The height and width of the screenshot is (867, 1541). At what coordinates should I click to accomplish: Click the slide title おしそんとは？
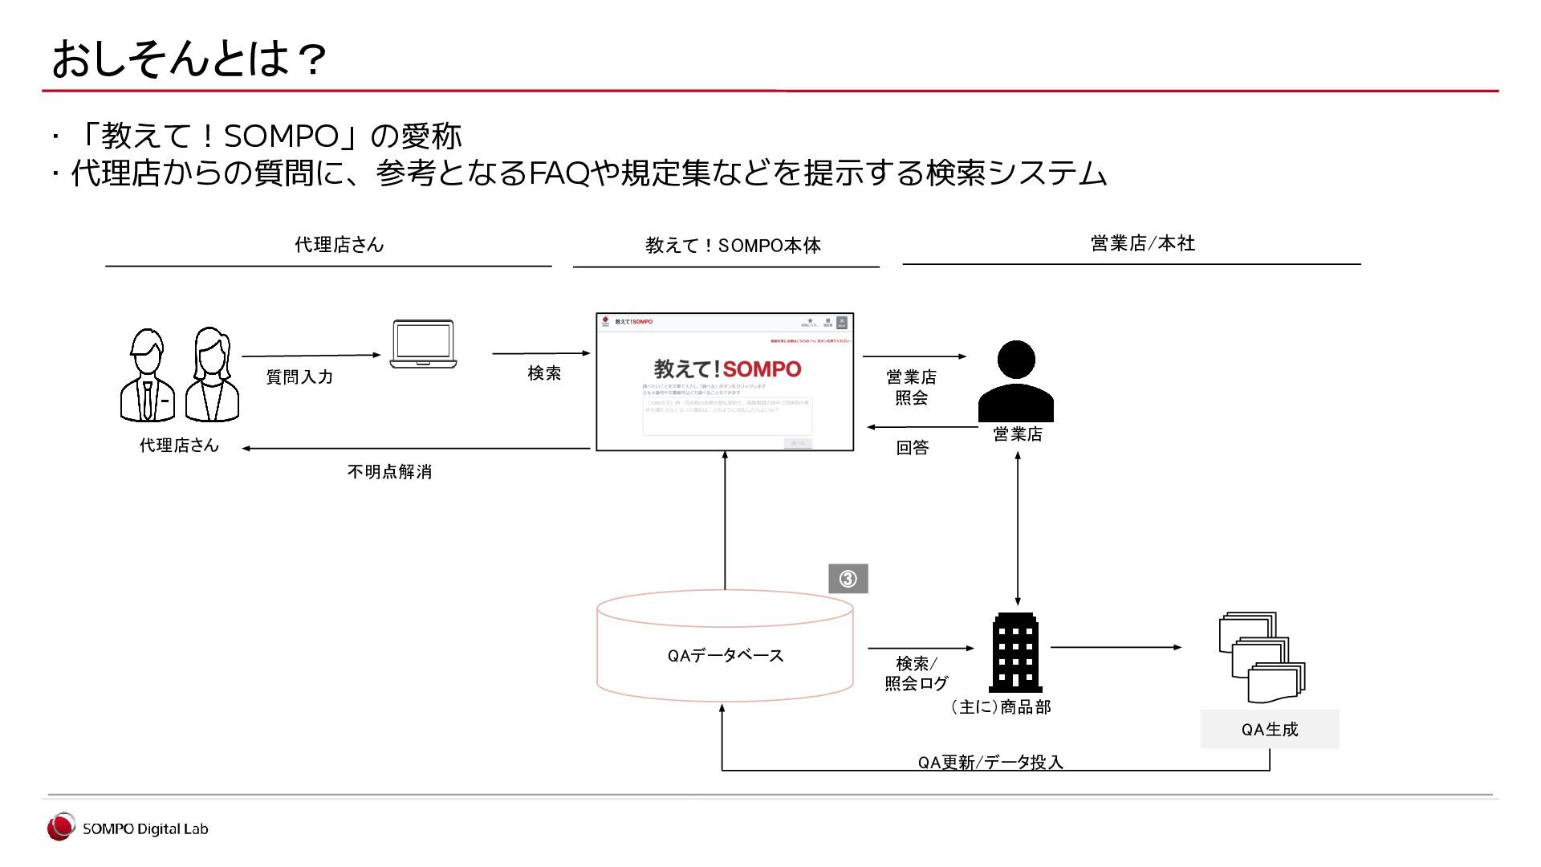click(x=189, y=59)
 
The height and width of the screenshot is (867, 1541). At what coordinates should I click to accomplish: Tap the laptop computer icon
click(x=423, y=344)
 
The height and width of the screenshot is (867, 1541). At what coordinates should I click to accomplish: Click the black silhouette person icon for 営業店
click(x=1015, y=381)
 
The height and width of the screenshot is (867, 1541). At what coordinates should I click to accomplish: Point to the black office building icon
click(x=1015, y=653)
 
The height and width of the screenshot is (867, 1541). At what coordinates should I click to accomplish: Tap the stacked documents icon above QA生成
click(x=1261, y=658)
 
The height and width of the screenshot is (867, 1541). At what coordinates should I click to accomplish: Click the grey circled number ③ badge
click(x=848, y=579)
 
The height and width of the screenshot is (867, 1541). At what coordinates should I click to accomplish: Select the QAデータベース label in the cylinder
click(x=725, y=656)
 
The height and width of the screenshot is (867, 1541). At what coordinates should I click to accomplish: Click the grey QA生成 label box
click(x=1269, y=729)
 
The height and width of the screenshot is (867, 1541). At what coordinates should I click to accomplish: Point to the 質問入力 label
click(x=299, y=377)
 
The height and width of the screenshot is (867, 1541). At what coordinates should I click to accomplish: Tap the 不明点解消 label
click(x=389, y=472)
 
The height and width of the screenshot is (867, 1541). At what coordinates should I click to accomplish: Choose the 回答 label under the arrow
click(x=912, y=448)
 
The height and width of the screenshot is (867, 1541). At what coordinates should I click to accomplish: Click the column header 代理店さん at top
click(x=339, y=245)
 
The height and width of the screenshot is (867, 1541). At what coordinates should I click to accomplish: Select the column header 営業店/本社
click(x=1142, y=243)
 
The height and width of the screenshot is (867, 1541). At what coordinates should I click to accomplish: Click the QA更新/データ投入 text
click(x=990, y=762)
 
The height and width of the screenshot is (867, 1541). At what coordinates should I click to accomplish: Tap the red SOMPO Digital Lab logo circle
click(x=60, y=828)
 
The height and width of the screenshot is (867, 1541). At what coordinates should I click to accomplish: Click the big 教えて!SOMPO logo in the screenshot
click(x=727, y=369)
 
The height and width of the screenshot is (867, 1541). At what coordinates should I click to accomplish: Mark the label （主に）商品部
click(x=1000, y=707)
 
